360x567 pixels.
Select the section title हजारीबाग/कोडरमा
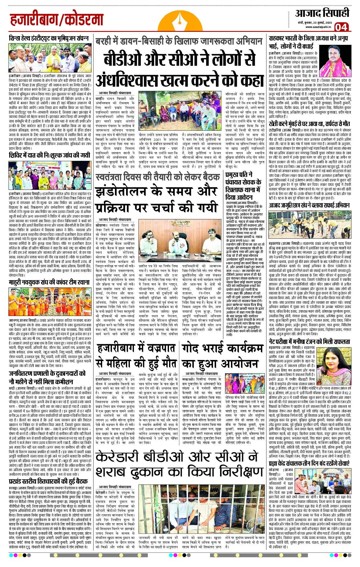tap(57, 20)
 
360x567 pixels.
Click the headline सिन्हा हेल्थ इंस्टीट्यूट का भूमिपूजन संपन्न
tap(49, 38)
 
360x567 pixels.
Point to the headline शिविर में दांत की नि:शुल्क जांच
tap(49, 155)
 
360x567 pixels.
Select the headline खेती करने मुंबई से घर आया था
tap(309, 124)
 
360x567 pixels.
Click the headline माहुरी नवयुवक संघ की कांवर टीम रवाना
tap(49, 283)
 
